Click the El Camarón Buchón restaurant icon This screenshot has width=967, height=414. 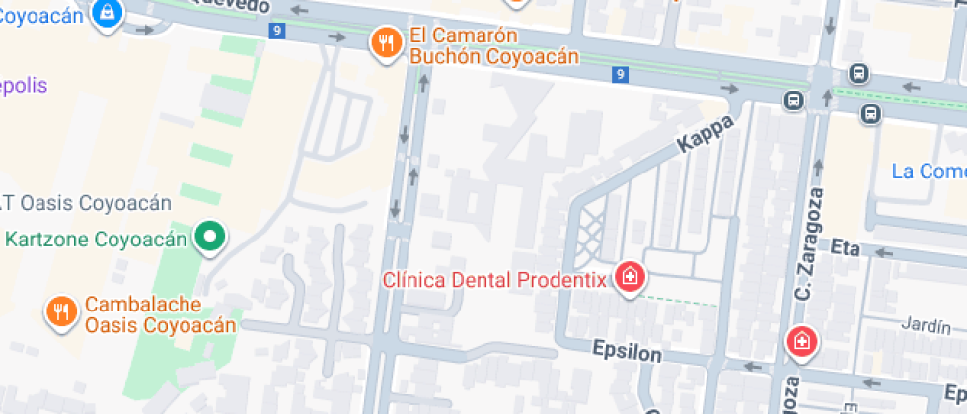[386, 42]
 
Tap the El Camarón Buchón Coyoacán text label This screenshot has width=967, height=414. [492, 46]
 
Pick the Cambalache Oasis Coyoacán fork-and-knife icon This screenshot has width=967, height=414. [61, 312]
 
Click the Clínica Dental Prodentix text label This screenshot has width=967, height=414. [493, 280]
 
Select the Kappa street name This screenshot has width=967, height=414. [707, 134]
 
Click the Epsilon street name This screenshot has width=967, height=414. [626, 350]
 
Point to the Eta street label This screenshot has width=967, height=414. [847, 245]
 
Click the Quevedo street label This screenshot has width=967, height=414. [236, 7]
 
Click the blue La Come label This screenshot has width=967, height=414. [929, 172]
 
